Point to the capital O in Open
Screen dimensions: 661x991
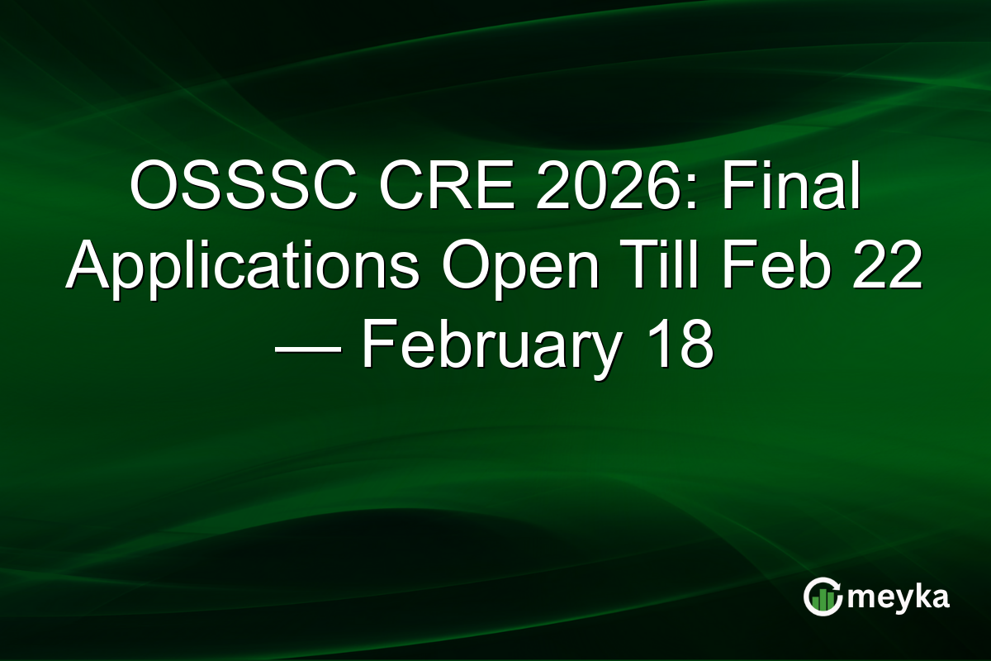point(458,266)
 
